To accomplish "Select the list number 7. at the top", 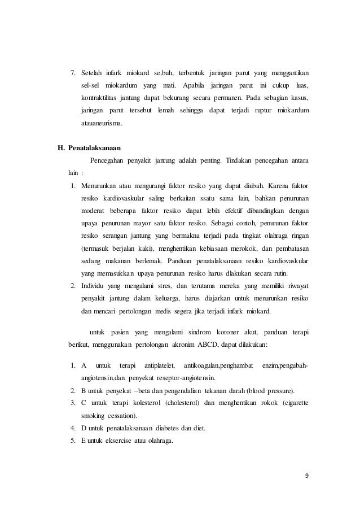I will [72, 73].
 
